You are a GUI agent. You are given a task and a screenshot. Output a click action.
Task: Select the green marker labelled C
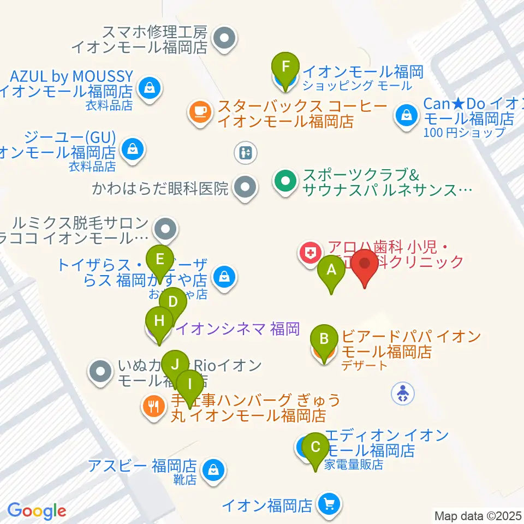pyautogui.click(x=315, y=449)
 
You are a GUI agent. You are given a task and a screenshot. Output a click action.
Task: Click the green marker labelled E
pyautogui.click(x=160, y=258)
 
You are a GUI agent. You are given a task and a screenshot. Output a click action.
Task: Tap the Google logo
pyautogui.click(x=37, y=511)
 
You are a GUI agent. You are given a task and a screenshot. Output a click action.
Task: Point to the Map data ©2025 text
pyautogui.click(x=478, y=515)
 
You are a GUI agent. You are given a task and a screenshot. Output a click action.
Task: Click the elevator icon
pyautogui.click(x=246, y=152)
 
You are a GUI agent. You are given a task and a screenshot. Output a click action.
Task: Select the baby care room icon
pyautogui.click(x=403, y=392)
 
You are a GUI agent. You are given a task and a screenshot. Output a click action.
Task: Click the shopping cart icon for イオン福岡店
pyautogui.click(x=328, y=504)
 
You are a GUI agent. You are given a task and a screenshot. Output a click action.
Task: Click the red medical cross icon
pyautogui.click(x=309, y=253)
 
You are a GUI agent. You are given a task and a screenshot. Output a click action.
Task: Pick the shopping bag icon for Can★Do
pyautogui.click(x=407, y=115)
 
